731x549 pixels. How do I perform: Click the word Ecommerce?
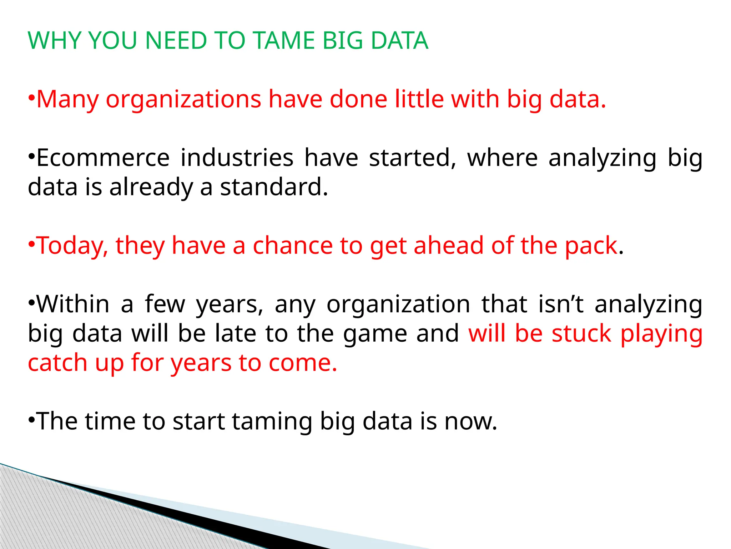pyautogui.click(x=103, y=158)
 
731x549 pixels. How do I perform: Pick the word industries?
pyautogui.click(x=237, y=158)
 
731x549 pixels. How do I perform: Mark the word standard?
pyautogui.click(x=274, y=187)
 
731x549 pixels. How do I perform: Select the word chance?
pyautogui.click(x=293, y=246)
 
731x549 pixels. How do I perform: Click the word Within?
pyautogui.click(x=73, y=304)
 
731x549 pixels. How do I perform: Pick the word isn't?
pyautogui.click(x=561, y=304)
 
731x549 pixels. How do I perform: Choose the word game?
pyautogui.click(x=375, y=334)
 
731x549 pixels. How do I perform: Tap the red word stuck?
pyautogui.click(x=581, y=333)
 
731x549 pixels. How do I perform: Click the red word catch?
pyautogui.click(x=57, y=363)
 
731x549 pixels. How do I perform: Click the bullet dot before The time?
pyautogui.click(x=31, y=419)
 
